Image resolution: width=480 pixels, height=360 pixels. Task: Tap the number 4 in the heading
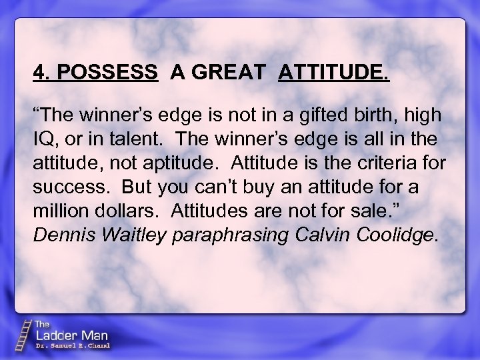[39, 73]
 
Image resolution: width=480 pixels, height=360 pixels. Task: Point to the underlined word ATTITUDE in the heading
[333, 73]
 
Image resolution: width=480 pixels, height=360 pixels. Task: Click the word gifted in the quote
[321, 115]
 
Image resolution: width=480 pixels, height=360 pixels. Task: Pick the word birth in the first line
[379, 115]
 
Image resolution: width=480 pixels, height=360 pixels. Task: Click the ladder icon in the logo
[25, 334]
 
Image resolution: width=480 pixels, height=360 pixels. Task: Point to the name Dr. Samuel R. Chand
[72, 346]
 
